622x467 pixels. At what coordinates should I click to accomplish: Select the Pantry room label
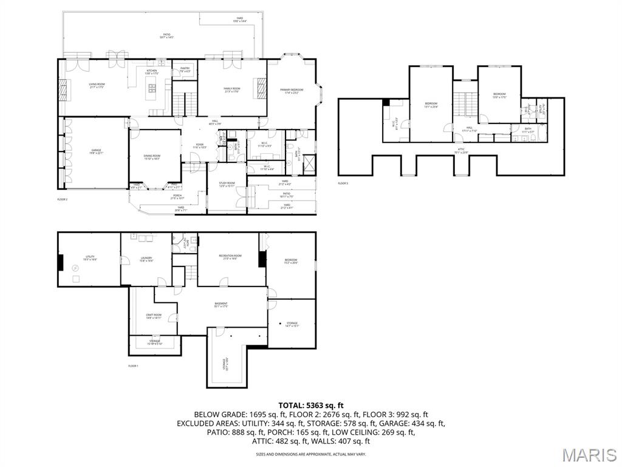[x=185, y=69]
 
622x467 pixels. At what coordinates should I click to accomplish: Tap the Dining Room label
[x=152, y=157]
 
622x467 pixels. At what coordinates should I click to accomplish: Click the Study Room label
[x=227, y=184]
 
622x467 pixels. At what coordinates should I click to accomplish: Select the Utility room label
[x=90, y=258]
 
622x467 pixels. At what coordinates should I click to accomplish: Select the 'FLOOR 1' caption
[x=133, y=365]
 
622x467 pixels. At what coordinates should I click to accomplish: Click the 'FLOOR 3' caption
[x=344, y=182]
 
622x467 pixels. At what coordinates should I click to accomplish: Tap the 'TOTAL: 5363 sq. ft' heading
[x=311, y=405]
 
